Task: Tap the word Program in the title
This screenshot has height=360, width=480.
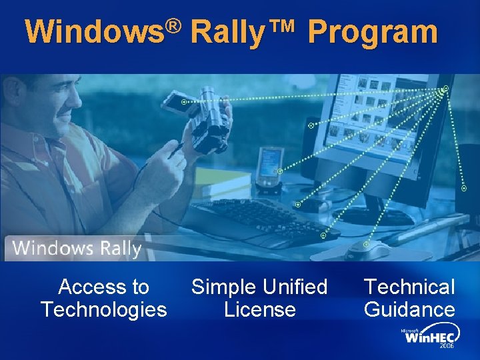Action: [x=373, y=32]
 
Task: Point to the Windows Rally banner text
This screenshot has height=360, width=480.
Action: [x=77, y=249]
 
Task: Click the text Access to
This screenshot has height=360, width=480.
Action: [x=103, y=287]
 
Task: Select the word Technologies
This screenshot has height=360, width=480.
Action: [x=103, y=310]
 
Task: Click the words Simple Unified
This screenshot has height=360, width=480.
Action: [x=259, y=287]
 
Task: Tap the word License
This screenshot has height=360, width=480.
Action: [x=259, y=310]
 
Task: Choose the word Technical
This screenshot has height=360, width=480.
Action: [x=409, y=287]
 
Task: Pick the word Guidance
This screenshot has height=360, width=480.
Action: [x=409, y=310]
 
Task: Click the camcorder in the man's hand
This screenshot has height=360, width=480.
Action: [x=207, y=120]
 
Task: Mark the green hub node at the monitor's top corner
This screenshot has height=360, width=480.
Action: [x=445, y=88]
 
